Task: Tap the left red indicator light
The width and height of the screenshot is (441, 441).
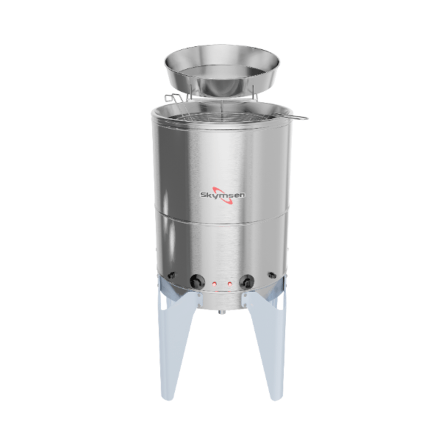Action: tap(213, 284)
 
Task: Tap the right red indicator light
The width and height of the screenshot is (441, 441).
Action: tap(228, 284)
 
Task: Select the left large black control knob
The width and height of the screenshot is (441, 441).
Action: tap(195, 281)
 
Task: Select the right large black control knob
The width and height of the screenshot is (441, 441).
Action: tap(246, 281)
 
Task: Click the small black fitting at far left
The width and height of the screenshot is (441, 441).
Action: tap(171, 276)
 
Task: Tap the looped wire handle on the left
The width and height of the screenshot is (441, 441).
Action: tap(172, 100)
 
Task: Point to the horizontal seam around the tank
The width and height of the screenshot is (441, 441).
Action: tap(220, 216)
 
